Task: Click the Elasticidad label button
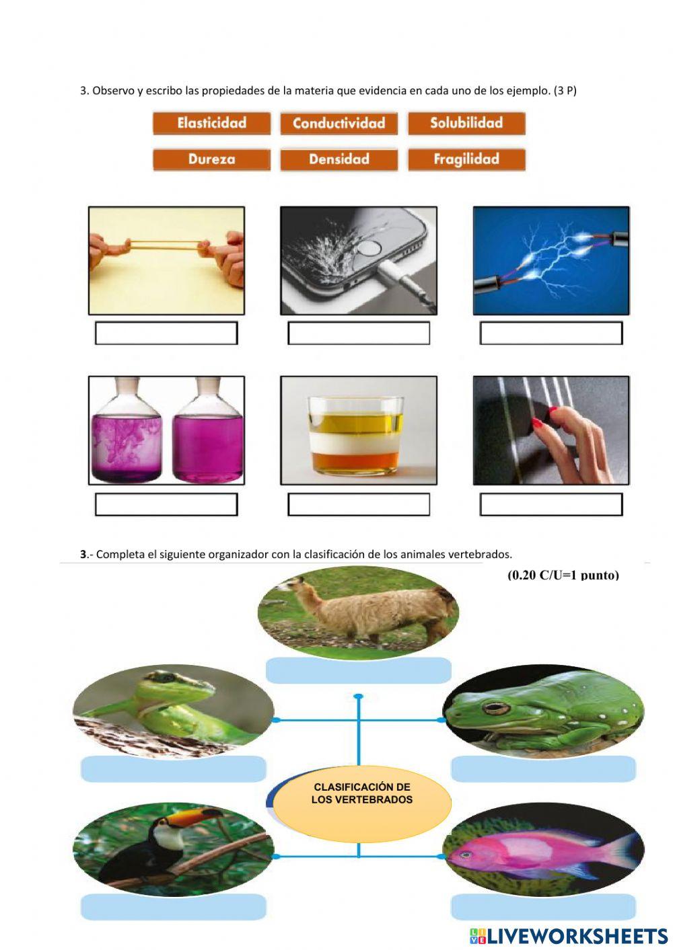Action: point(211,123)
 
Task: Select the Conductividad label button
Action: point(339,123)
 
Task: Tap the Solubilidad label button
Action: point(466,123)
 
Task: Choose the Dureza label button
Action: point(211,159)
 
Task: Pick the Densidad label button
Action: point(339,159)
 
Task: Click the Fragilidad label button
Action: point(466,159)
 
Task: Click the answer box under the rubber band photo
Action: point(166,333)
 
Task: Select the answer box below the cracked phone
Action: point(359,333)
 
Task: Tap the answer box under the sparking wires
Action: point(551,333)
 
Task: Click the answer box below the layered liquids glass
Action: point(359,504)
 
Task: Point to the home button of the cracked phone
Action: point(368,249)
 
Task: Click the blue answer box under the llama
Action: point(358,670)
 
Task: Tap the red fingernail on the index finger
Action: point(552,410)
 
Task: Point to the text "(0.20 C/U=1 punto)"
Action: point(563,576)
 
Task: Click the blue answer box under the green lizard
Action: point(173,769)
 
